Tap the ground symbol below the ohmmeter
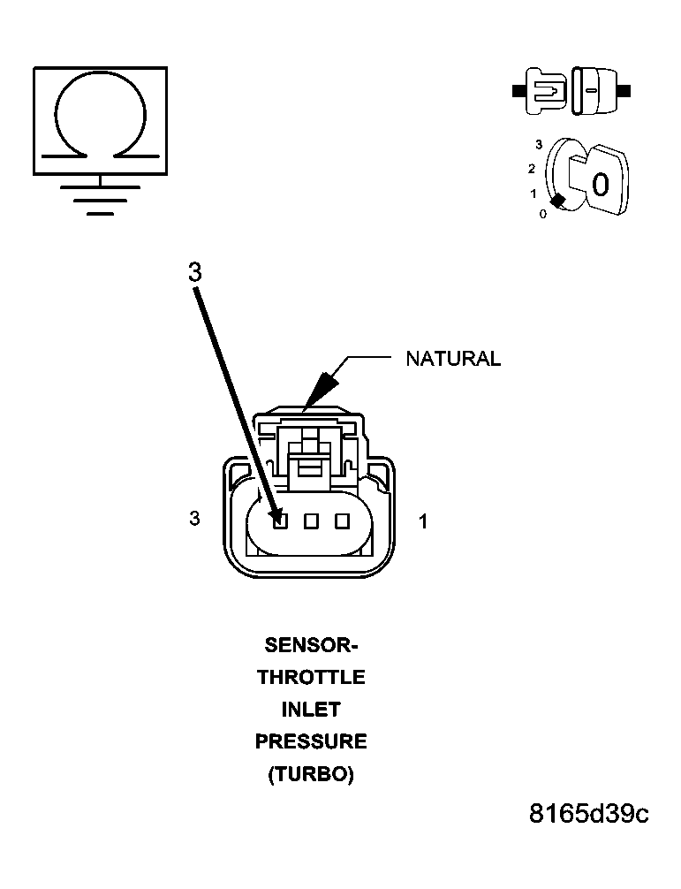(101, 195)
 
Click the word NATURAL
(453, 359)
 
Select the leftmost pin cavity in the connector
(279, 520)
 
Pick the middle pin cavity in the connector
(311, 520)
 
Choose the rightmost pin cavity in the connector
(342, 520)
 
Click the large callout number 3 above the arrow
(195, 273)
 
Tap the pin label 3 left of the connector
(195, 518)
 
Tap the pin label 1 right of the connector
(423, 521)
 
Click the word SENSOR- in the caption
(311, 645)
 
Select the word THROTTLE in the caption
(311, 677)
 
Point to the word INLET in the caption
(311, 710)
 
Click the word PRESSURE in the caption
(311, 741)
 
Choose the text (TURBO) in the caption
(311, 774)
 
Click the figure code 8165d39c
(588, 814)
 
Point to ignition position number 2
(532, 169)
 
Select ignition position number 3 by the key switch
(539, 145)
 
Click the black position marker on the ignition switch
(558, 201)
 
